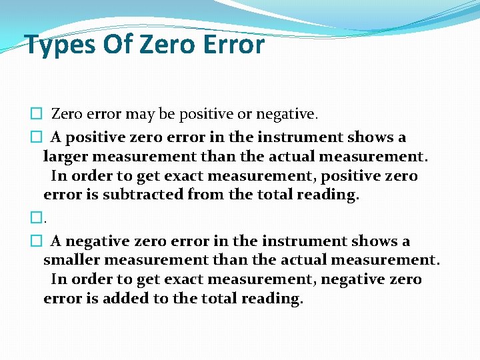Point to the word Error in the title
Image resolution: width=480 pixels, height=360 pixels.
[239, 45]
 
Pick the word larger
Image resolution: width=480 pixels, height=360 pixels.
[65, 157]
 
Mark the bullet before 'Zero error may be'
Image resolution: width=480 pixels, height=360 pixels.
[37, 115]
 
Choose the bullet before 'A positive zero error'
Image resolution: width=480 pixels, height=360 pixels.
[37, 138]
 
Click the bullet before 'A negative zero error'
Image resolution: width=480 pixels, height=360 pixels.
[37, 241]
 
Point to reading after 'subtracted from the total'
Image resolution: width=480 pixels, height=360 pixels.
[331, 195]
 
